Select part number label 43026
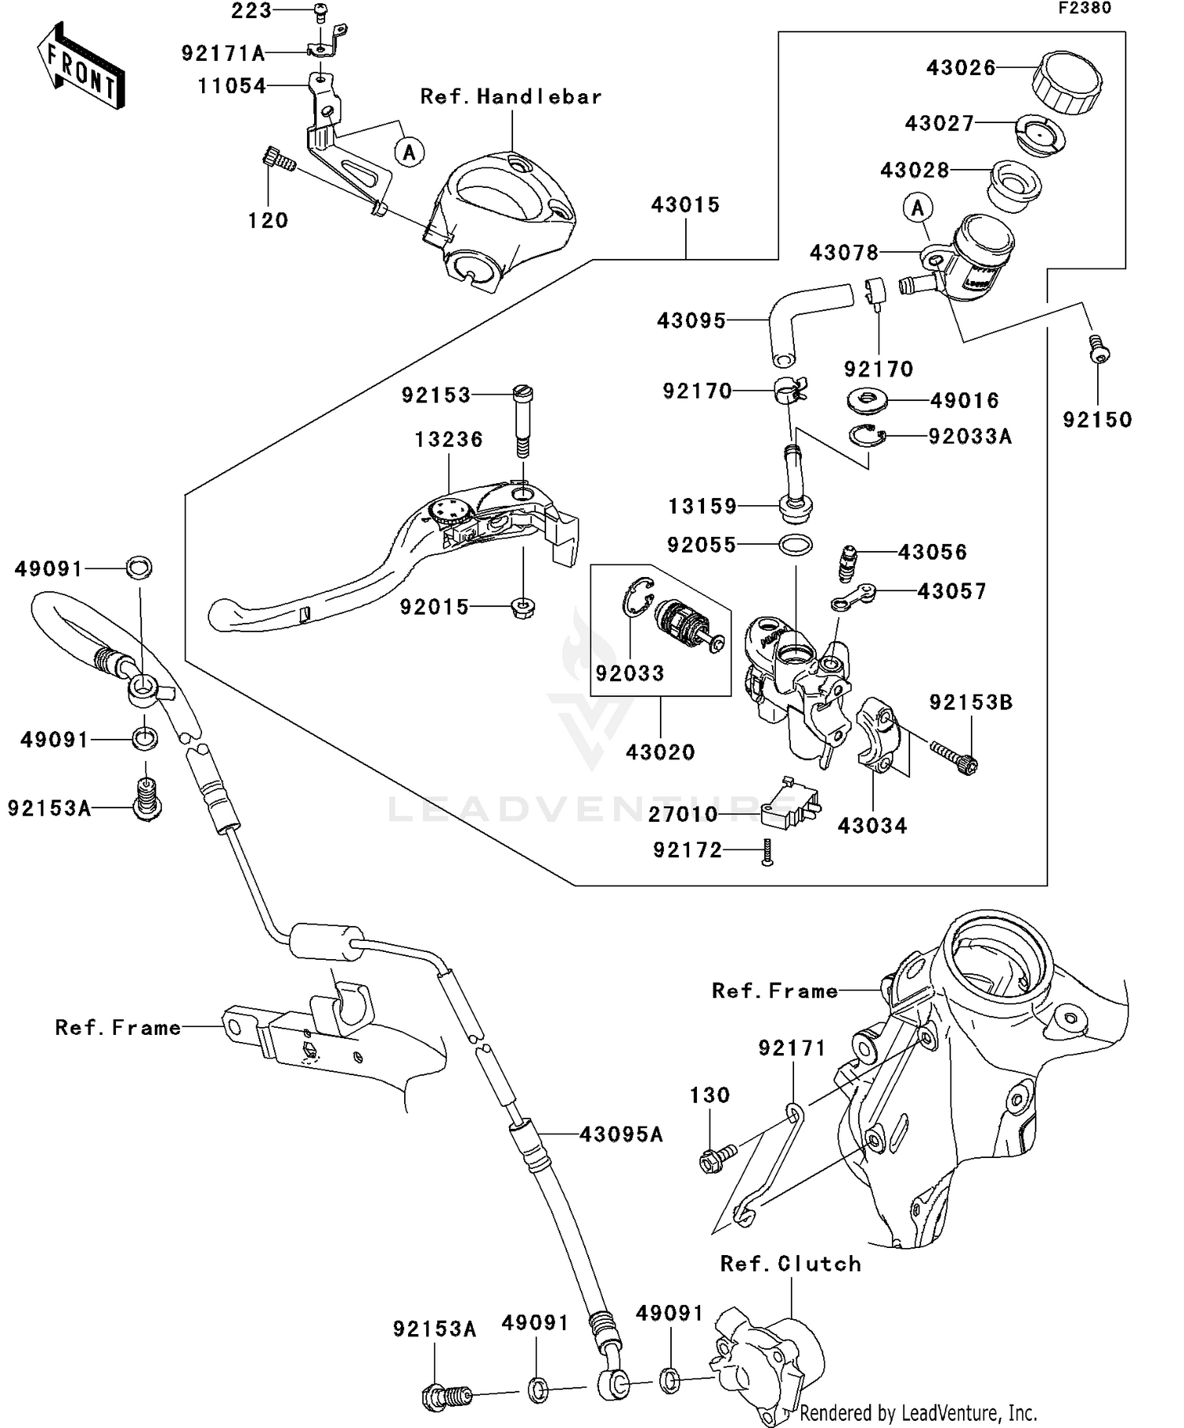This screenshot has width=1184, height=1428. [x=961, y=68]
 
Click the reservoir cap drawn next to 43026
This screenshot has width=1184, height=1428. [x=1066, y=81]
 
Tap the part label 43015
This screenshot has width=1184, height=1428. [x=685, y=205]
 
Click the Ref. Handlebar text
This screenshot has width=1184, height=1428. [x=511, y=97]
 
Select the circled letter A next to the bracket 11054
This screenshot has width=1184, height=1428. [x=409, y=152]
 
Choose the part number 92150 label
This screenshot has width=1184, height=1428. [x=1097, y=420]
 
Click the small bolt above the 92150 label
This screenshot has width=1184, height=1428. [x=1098, y=348]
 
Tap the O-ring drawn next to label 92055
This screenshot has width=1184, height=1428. [x=795, y=545]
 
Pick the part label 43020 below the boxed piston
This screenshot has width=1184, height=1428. [x=660, y=752]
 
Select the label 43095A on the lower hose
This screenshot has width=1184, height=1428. [x=620, y=1134]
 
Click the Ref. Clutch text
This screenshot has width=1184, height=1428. [x=790, y=1264]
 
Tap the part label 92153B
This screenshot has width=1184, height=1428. [x=970, y=703]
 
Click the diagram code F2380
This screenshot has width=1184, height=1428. [x=1085, y=9]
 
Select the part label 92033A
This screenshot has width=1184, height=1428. [x=969, y=437]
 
